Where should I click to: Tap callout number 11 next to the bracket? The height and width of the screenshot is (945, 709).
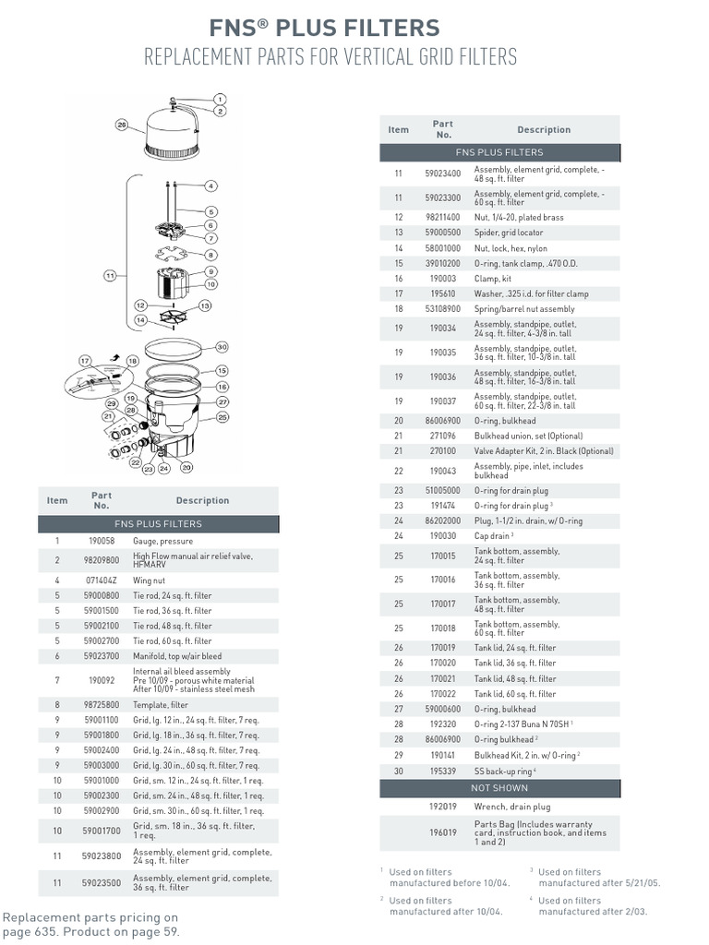(x=111, y=275)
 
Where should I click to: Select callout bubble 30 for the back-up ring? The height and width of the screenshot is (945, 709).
(x=222, y=347)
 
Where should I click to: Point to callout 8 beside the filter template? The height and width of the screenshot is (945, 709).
(x=210, y=254)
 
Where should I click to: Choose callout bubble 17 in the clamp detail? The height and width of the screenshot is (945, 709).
(x=85, y=360)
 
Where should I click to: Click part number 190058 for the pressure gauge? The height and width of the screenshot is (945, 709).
(x=102, y=541)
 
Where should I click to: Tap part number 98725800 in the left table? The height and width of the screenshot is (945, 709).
(x=102, y=704)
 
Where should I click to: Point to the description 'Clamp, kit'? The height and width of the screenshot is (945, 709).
(x=493, y=279)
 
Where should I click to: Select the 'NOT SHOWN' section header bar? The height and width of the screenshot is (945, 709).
(x=499, y=788)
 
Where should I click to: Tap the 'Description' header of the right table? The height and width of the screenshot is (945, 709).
(x=544, y=130)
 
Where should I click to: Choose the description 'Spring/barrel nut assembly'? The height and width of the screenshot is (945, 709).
(x=523, y=309)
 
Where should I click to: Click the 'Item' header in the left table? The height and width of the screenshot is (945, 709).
(x=57, y=500)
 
